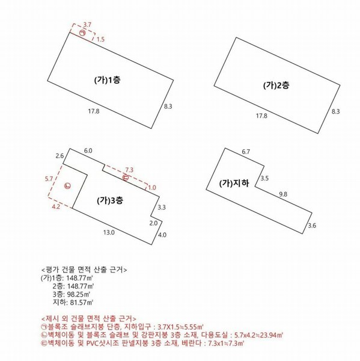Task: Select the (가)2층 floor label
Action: coord(276,85)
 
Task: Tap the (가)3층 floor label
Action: coord(111,200)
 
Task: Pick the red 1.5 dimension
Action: coord(100,39)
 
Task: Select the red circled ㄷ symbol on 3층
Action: coord(126,177)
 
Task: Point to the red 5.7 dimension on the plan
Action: coord(49,179)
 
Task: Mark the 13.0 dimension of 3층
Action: coord(109,232)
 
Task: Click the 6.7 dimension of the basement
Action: coord(246,152)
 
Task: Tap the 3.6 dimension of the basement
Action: coord(311,226)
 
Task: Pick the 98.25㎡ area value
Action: coord(75,295)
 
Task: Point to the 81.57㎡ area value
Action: coord(75,303)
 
